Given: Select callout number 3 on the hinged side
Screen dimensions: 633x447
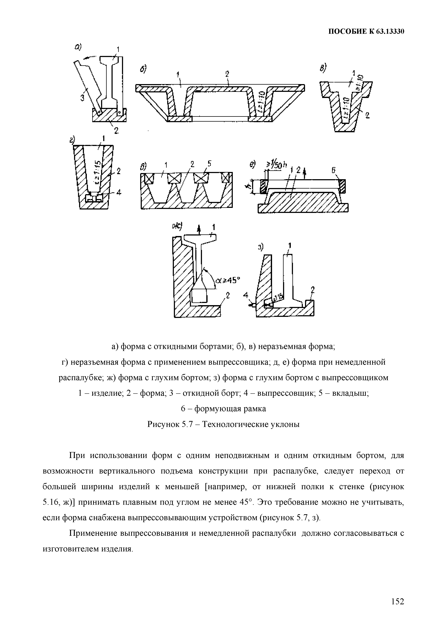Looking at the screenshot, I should click(x=82, y=98).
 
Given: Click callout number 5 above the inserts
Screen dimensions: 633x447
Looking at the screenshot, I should click(x=210, y=164).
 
